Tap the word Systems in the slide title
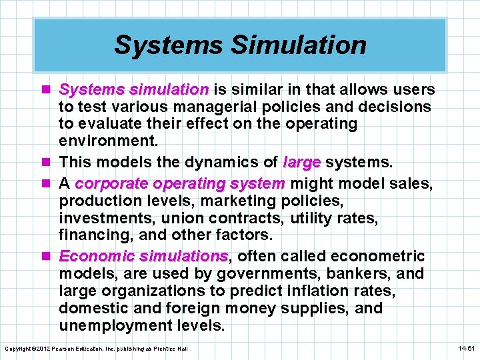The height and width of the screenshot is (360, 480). pyautogui.click(x=169, y=45)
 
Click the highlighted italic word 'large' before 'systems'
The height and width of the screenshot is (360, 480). pyautogui.click(x=302, y=161)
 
